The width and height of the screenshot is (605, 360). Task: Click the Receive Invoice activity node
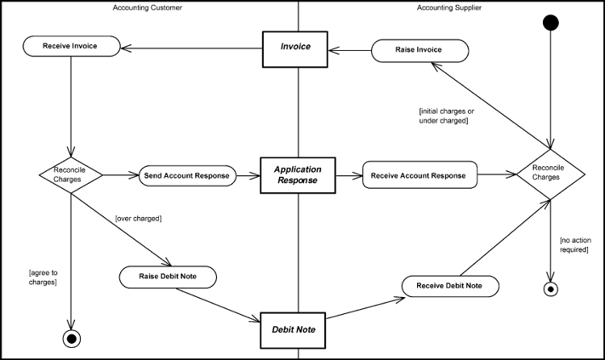70,46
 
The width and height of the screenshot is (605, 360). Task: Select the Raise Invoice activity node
419,50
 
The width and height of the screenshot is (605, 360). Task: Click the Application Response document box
298,175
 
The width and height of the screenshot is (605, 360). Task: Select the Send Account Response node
186,175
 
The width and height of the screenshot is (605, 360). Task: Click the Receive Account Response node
419,175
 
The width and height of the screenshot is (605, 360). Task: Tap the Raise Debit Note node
169,277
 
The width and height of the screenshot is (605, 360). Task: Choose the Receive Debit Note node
449,286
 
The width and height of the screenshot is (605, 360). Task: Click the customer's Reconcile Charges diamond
71,174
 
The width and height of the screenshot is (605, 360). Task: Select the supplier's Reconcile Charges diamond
550,173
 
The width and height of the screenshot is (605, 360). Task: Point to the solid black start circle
550,22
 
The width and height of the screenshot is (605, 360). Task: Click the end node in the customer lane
71,337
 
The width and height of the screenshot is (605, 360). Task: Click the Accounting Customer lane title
149,7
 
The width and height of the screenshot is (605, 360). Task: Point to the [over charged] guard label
138,218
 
